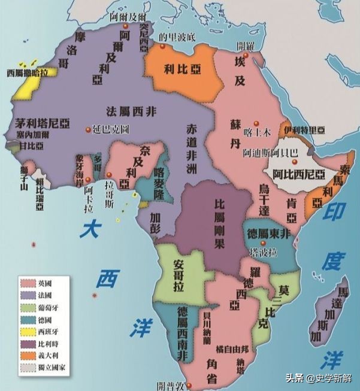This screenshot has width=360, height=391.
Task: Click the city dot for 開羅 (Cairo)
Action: coord(246,55)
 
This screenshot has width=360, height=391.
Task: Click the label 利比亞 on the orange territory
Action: coord(179,68)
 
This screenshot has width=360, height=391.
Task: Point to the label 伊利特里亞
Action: coord(304,130)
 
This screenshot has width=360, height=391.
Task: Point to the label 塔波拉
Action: coord(264,252)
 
